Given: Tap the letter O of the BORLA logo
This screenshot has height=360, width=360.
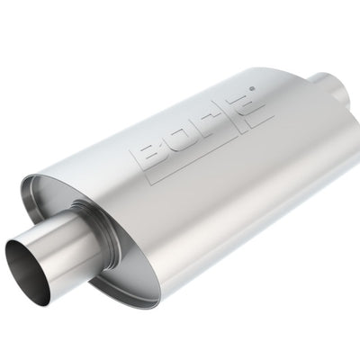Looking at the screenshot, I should [x=180, y=137].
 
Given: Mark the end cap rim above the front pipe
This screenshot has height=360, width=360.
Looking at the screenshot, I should [x=54, y=189].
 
